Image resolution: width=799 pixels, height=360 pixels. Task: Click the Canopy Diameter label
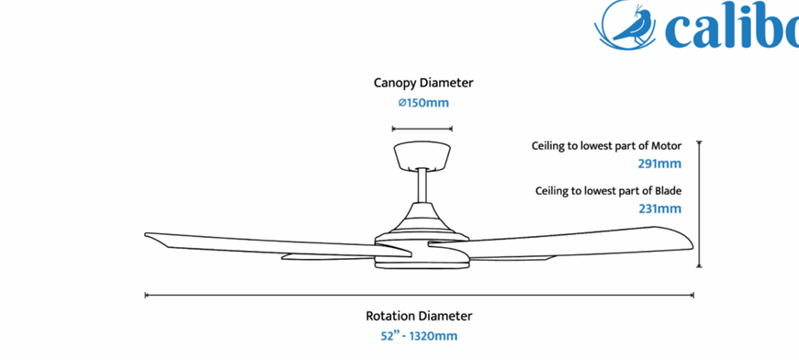(x=423, y=83)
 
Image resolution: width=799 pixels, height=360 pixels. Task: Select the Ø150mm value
(x=423, y=103)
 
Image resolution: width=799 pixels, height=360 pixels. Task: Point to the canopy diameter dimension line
(x=422, y=129)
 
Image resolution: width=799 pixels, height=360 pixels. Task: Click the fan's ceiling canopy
(x=422, y=156)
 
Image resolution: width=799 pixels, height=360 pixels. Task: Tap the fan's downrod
(x=422, y=186)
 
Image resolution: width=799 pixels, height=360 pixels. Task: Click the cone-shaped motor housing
(x=422, y=219)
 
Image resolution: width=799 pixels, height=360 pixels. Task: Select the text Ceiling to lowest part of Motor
(x=606, y=146)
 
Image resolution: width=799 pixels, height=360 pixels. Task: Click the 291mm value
(x=660, y=164)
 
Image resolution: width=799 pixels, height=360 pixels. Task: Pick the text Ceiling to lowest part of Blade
(x=608, y=191)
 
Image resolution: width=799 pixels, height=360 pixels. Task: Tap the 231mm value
(x=660, y=208)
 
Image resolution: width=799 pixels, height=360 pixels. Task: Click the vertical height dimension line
(x=699, y=204)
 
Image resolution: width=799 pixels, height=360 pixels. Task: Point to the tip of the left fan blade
(x=146, y=235)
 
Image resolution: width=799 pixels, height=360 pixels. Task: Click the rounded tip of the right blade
(x=692, y=244)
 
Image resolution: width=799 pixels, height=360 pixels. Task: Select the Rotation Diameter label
(x=419, y=316)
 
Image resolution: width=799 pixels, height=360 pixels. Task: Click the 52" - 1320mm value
(x=419, y=336)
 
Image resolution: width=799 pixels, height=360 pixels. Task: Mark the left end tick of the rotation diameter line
(x=146, y=295)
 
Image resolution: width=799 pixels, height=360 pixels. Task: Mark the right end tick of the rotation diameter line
(x=693, y=295)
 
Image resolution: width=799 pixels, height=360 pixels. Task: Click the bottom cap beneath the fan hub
(x=422, y=264)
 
